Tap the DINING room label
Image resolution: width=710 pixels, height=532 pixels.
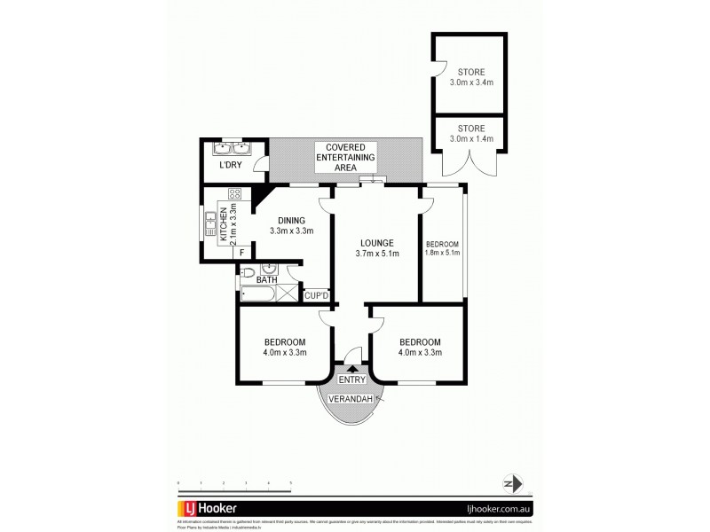pyautogui.click(x=291, y=221)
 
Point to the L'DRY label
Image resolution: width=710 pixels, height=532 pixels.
pyautogui.click(x=231, y=167)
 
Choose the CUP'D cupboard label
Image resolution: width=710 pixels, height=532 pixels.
pyautogui.click(x=317, y=295)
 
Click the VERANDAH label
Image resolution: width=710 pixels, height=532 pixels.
pyautogui.click(x=354, y=400)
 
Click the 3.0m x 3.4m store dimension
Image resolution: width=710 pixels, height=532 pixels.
pyautogui.click(x=469, y=82)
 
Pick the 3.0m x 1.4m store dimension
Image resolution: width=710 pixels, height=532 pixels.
pyautogui.click(x=469, y=138)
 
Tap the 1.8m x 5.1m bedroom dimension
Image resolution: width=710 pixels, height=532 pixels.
pyautogui.click(x=442, y=254)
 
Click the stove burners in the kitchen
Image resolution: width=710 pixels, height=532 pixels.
pyautogui.click(x=235, y=192)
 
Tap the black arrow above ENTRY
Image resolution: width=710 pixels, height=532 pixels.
pyautogui.click(x=354, y=369)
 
